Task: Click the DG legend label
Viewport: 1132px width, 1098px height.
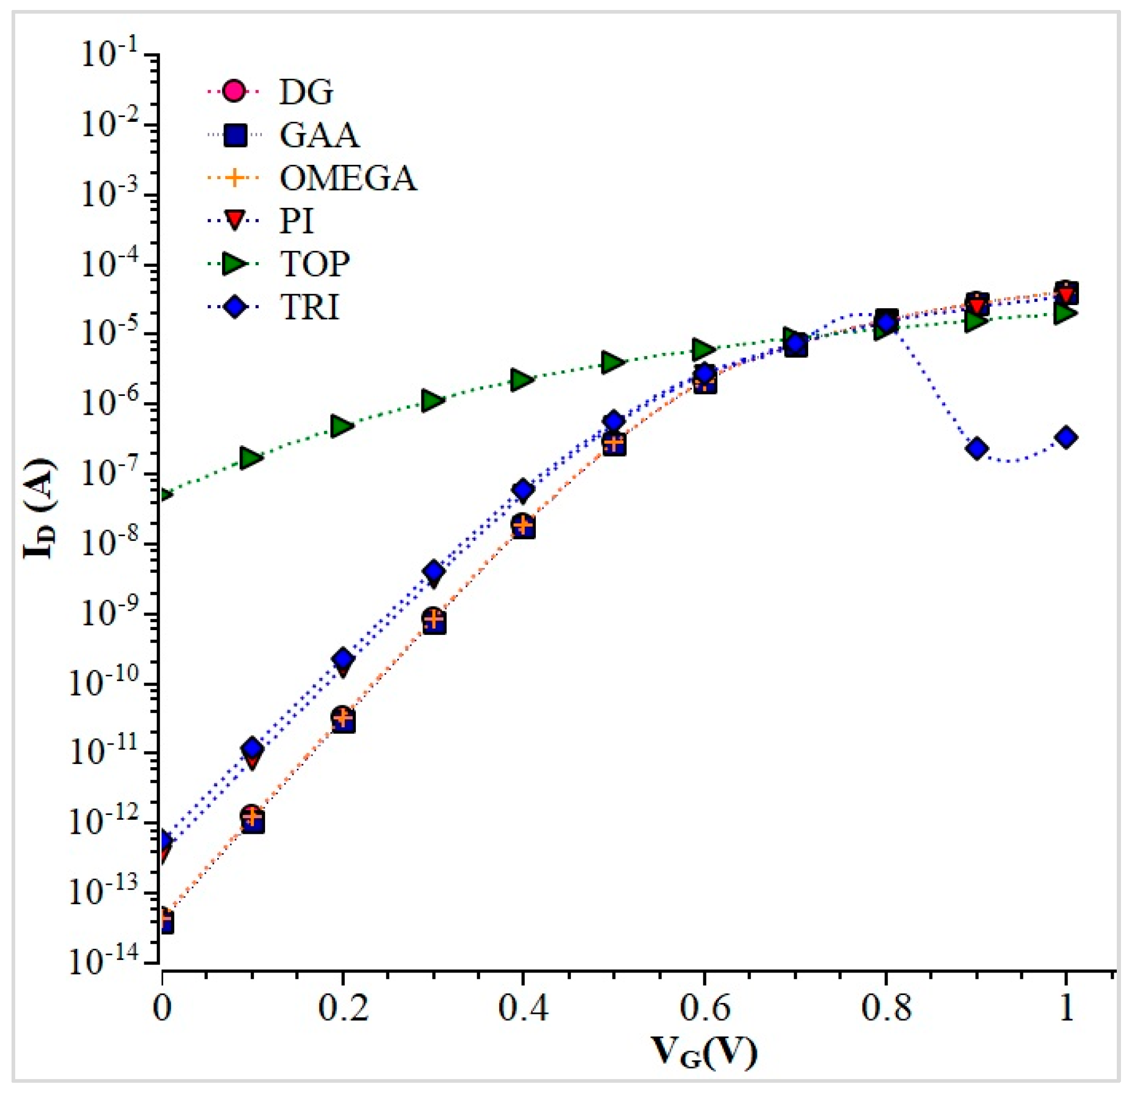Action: (305, 92)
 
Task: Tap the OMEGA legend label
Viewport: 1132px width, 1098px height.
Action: (348, 178)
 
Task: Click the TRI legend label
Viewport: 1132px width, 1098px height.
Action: (309, 307)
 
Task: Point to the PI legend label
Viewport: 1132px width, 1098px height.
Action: (297, 221)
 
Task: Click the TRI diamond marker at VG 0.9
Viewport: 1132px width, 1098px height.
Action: (977, 448)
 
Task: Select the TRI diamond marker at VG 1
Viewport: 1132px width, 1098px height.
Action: (1066, 437)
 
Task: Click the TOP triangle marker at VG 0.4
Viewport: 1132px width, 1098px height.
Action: (521, 379)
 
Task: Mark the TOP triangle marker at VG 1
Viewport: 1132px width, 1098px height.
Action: (1065, 314)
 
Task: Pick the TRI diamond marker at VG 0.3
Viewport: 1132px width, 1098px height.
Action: (433, 571)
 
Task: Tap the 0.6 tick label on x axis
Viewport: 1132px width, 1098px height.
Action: (703, 1008)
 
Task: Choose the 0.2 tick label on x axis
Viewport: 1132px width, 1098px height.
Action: (343, 1008)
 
